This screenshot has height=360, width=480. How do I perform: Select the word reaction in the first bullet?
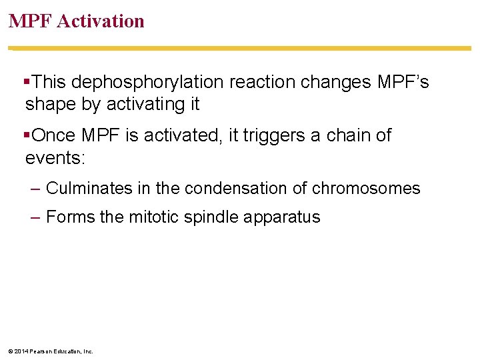click(263, 82)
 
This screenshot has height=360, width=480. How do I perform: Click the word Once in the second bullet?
click(54, 135)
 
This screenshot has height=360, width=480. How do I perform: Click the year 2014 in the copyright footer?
click(21, 351)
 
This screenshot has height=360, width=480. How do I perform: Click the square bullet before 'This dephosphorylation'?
click(27, 81)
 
